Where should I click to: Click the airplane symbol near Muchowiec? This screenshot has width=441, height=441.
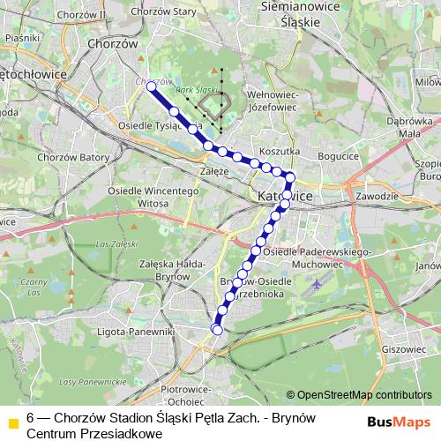coord(318,285)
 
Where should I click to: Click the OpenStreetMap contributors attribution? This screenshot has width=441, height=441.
coord(358,395)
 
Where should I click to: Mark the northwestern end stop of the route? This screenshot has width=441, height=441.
coord(152,88)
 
